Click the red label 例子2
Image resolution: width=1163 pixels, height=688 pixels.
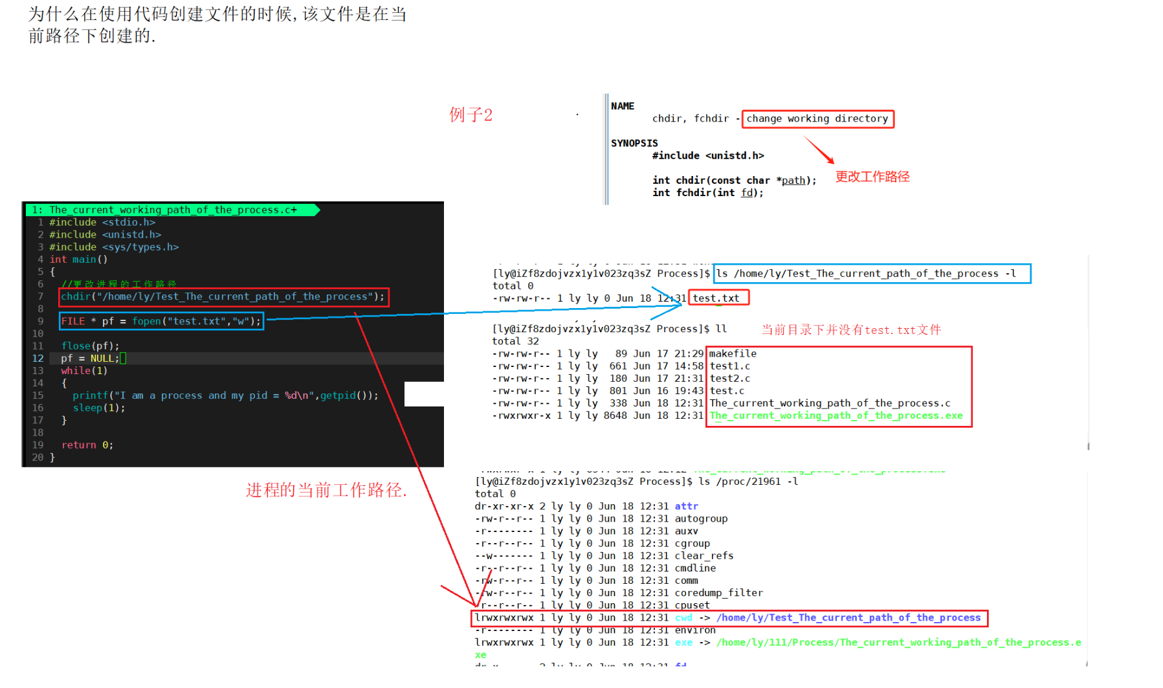(471, 115)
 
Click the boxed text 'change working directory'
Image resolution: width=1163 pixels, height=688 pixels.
(817, 118)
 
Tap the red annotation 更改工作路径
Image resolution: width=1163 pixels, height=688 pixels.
(872, 177)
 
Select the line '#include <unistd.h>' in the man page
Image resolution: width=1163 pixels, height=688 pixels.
(708, 155)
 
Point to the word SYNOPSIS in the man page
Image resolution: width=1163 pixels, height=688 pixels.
(634, 143)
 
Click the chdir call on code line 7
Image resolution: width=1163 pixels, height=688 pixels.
(223, 296)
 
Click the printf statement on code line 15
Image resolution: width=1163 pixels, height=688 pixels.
(225, 395)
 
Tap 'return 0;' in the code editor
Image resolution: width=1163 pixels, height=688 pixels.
(87, 445)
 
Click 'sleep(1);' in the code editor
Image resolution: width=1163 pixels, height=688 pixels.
(99, 408)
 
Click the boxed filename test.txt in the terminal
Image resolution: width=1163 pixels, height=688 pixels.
(716, 298)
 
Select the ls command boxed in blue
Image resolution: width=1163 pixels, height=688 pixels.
(866, 273)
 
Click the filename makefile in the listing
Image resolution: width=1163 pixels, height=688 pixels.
(733, 353)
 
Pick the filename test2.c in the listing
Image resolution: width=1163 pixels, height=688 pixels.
(730, 379)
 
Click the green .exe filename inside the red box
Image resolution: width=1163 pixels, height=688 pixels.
(836, 416)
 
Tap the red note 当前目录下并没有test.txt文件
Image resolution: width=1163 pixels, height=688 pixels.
(851, 330)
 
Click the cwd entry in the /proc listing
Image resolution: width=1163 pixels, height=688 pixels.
(683, 618)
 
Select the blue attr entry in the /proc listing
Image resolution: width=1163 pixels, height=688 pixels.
(686, 506)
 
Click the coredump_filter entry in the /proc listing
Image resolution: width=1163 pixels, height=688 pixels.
(718, 593)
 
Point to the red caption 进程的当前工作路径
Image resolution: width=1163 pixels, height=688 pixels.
(326, 490)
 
